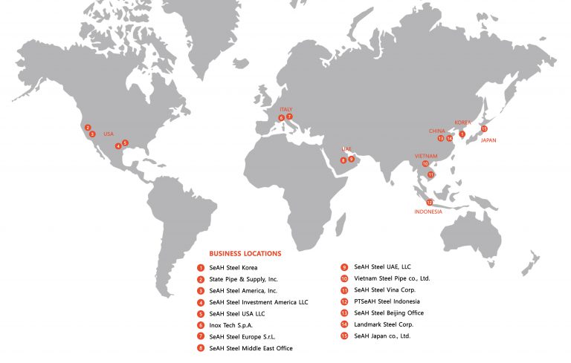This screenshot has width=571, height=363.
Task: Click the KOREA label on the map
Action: (x=462, y=122)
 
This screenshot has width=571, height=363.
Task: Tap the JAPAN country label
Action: (x=488, y=140)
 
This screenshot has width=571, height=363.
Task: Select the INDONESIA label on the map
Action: (x=428, y=212)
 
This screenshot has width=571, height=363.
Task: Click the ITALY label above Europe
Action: (x=286, y=109)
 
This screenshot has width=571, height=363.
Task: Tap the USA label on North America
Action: (x=109, y=134)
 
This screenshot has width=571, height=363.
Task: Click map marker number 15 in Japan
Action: (x=484, y=128)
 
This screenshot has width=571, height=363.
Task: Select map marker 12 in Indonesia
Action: (x=430, y=202)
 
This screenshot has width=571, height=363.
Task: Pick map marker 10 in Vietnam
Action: (x=425, y=163)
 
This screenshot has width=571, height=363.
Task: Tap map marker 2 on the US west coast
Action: (x=88, y=127)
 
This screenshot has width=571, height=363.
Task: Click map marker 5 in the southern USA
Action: (x=125, y=143)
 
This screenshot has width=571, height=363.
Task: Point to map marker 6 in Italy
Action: (x=281, y=118)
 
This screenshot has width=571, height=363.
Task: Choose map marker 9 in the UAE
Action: (x=351, y=159)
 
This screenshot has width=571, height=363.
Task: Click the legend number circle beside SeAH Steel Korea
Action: (x=201, y=267)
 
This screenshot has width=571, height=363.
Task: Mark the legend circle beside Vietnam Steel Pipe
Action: (x=345, y=278)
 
